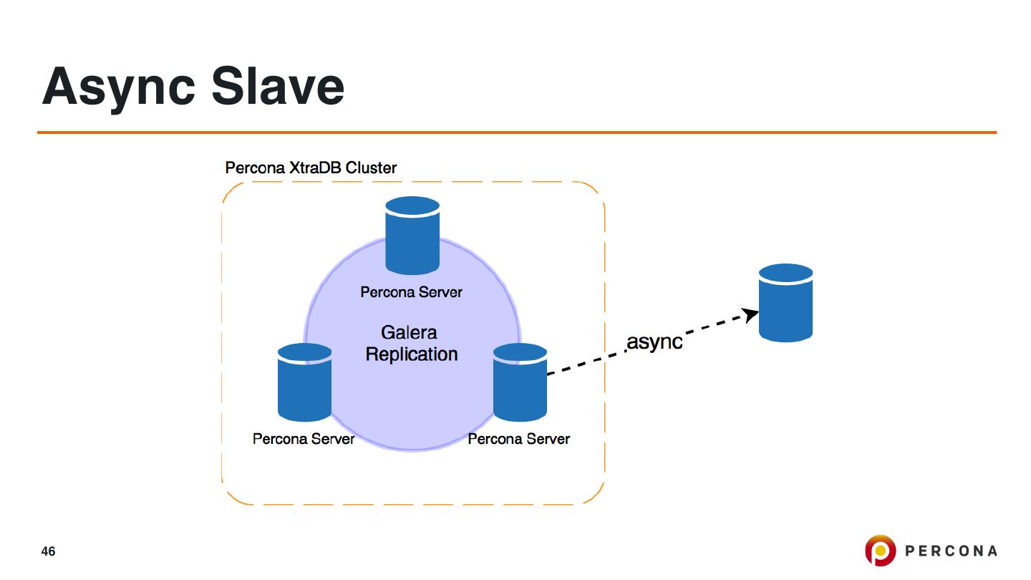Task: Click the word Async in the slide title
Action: (x=119, y=88)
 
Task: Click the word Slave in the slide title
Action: (x=278, y=86)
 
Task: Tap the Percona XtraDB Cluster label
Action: (x=311, y=168)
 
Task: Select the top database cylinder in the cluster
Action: (x=412, y=236)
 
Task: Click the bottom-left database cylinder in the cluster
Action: (x=305, y=382)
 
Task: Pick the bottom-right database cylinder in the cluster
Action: (x=520, y=382)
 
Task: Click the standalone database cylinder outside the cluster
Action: (x=785, y=303)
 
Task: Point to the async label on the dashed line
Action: (x=654, y=342)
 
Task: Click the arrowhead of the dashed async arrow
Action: (x=750, y=314)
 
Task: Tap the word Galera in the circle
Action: (x=409, y=332)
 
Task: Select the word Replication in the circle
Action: (x=412, y=354)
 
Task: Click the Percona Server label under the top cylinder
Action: (x=411, y=292)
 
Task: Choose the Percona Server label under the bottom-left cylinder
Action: (x=304, y=439)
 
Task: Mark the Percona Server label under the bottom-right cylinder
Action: (x=518, y=439)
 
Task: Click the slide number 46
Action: (x=49, y=551)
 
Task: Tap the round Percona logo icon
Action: (x=880, y=550)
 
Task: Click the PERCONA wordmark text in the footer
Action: (x=951, y=551)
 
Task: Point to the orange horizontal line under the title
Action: (x=517, y=132)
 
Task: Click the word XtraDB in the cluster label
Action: (x=315, y=168)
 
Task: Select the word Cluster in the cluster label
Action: (x=371, y=168)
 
